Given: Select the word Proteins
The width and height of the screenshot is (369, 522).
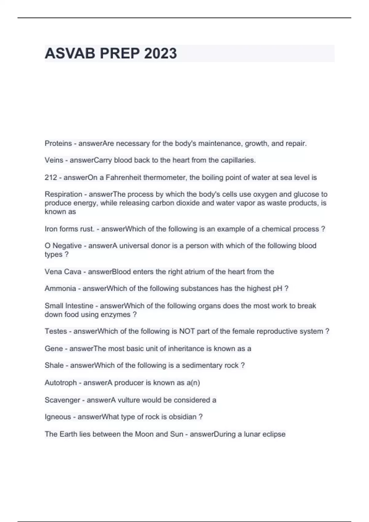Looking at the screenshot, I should [58, 143].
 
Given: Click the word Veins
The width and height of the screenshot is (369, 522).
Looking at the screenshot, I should [54, 160].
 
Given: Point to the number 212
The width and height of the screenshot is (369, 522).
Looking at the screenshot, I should [51, 177].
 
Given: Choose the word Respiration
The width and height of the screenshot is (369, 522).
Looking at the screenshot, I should [63, 194].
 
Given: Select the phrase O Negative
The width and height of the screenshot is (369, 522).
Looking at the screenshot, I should [63, 246].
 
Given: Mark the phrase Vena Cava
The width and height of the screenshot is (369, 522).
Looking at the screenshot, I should [63, 272].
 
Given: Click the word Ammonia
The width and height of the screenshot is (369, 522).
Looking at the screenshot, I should [60, 289].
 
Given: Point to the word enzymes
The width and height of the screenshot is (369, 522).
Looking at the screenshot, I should [117, 314].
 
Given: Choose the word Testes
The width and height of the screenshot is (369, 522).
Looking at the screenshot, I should [56, 331].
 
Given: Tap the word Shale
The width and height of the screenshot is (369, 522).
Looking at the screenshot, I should [54, 365].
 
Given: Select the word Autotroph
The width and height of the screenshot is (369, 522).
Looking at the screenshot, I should [61, 383].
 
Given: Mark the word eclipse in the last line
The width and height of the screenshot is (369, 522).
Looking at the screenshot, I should [273, 434].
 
